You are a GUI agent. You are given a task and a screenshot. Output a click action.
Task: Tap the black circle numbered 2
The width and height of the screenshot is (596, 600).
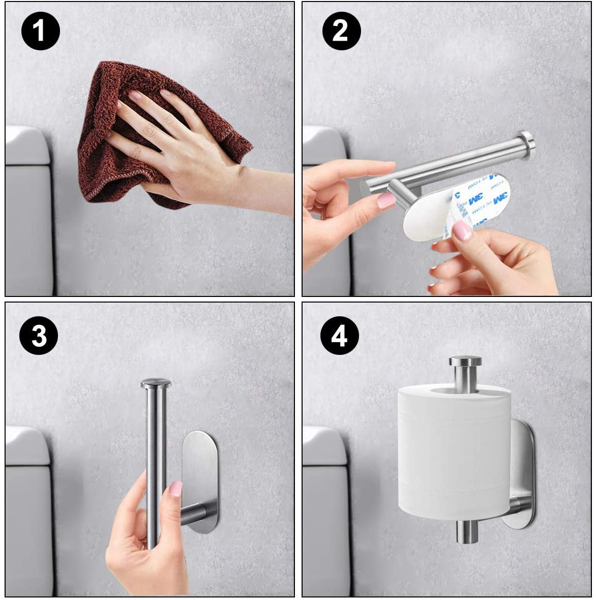pyautogui.click(x=340, y=32)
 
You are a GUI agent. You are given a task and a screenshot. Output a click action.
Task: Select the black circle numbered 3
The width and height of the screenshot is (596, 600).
pyautogui.click(x=39, y=336)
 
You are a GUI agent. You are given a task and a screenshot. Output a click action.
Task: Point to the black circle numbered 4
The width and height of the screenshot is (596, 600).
pyautogui.click(x=340, y=336)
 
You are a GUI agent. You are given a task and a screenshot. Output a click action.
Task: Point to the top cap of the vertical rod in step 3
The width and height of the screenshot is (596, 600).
pyautogui.click(x=156, y=383)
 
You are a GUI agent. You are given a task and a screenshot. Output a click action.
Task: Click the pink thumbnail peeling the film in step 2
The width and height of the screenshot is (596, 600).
pyautogui.click(x=462, y=230)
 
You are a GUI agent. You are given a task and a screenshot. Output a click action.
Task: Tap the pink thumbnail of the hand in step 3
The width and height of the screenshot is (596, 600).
pyautogui.click(x=175, y=489)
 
